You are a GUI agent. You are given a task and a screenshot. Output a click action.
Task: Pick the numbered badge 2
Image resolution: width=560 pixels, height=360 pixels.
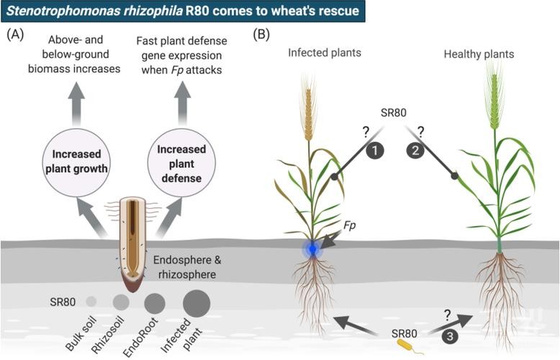click(415, 150)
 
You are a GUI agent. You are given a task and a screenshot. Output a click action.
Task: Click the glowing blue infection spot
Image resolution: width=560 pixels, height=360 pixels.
click(312, 249)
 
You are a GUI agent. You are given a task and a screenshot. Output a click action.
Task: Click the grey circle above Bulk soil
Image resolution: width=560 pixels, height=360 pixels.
click(91, 301)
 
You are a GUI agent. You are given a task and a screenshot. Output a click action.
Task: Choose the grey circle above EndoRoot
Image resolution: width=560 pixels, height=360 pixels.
click(155, 302)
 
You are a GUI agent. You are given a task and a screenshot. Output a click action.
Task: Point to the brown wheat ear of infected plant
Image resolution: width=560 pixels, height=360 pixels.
click(310, 112)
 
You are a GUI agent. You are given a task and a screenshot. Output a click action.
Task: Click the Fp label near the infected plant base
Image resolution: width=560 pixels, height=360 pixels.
click(350, 225)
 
